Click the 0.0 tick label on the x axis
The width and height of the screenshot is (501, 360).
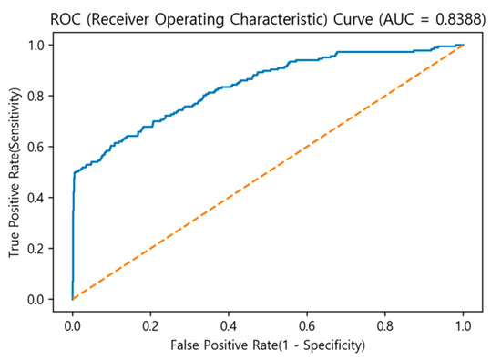pos(72,322)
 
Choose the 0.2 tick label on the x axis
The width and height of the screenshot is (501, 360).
pos(150,322)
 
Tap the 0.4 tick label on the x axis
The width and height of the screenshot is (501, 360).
pos(229,322)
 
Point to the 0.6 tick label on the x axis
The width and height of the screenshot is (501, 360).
pos(307,322)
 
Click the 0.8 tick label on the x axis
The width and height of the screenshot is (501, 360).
pos(385,322)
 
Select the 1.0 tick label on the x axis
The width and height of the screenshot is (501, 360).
pos(464,322)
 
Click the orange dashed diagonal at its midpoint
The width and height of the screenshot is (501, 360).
pos(268,171)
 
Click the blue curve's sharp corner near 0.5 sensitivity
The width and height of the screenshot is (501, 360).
pos(74,172)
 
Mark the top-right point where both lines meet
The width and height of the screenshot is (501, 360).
pos(464,45)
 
